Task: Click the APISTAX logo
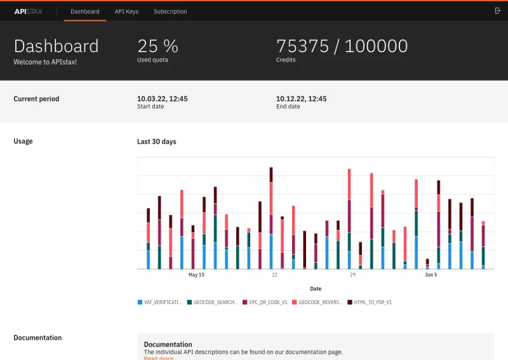pyautogui.click(x=28, y=11)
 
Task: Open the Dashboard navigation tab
pyautogui.click(x=85, y=11)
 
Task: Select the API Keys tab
pyautogui.click(x=126, y=11)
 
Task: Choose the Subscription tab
pyautogui.click(x=170, y=11)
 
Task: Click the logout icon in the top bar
pyautogui.click(x=497, y=11)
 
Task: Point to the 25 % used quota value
pyautogui.click(x=157, y=46)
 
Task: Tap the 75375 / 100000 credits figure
pyautogui.click(x=342, y=46)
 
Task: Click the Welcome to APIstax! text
pyautogui.click(x=45, y=62)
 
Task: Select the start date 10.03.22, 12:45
pyautogui.click(x=162, y=99)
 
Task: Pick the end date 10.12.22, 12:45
pyautogui.click(x=301, y=99)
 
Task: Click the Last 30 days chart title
pyautogui.click(x=156, y=142)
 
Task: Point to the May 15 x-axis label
pyautogui.click(x=196, y=275)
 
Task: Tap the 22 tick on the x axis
pyautogui.click(x=274, y=275)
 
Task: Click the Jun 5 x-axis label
pyautogui.click(x=431, y=275)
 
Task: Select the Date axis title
pyautogui.click(x=316, y=289)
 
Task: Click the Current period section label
pyautogui.click(x=36, y=99)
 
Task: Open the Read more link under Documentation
pyautogui.click(x=158, y=358)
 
